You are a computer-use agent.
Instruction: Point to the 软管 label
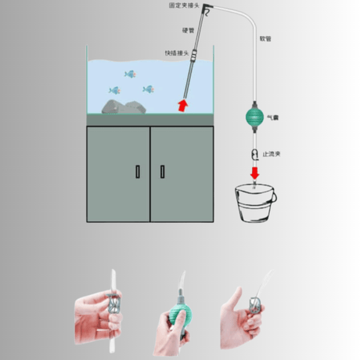coord(265,38)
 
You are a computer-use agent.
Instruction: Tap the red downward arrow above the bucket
coord(254,172)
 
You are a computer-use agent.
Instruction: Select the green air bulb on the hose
coord(254,117)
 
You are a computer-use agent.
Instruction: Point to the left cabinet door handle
coord(138,171)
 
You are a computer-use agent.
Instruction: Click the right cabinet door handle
coord(162,171)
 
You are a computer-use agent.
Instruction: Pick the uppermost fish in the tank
coord(130,75)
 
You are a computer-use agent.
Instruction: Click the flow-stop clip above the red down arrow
coord(254,154)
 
